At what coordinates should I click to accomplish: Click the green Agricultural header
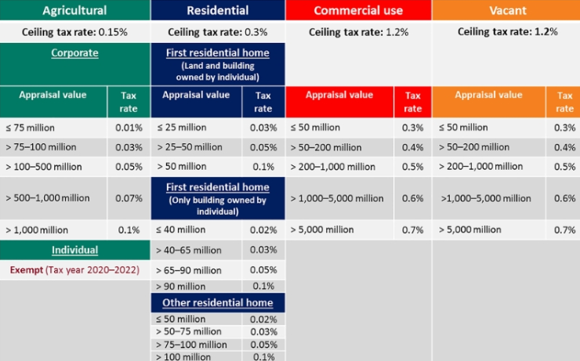tap(74, 10)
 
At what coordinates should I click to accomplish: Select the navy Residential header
tap(217, 10)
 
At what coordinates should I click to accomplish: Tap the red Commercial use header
tap(357, 10)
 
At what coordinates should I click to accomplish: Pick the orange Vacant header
tap(506, 10)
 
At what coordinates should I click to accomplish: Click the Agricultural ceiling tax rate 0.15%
tap(74, 32)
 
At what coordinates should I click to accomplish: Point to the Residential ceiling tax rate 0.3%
tap(217, 32)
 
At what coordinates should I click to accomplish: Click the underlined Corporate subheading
tap(74, 54)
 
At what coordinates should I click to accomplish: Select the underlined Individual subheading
tap(74, 250)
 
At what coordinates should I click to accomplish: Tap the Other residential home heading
tap(217, 302)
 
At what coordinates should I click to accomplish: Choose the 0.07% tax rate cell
tap(128, 198)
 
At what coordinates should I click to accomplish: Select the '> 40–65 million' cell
tap(190, 250)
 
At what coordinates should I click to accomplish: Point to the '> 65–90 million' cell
tap(190, 270)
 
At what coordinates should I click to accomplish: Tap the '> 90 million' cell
tap(181, 287)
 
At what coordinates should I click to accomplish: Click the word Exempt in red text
tap(26, 270)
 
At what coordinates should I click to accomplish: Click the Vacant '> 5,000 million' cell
tap(470, 230)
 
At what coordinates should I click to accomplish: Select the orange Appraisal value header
tap(488, 96)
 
